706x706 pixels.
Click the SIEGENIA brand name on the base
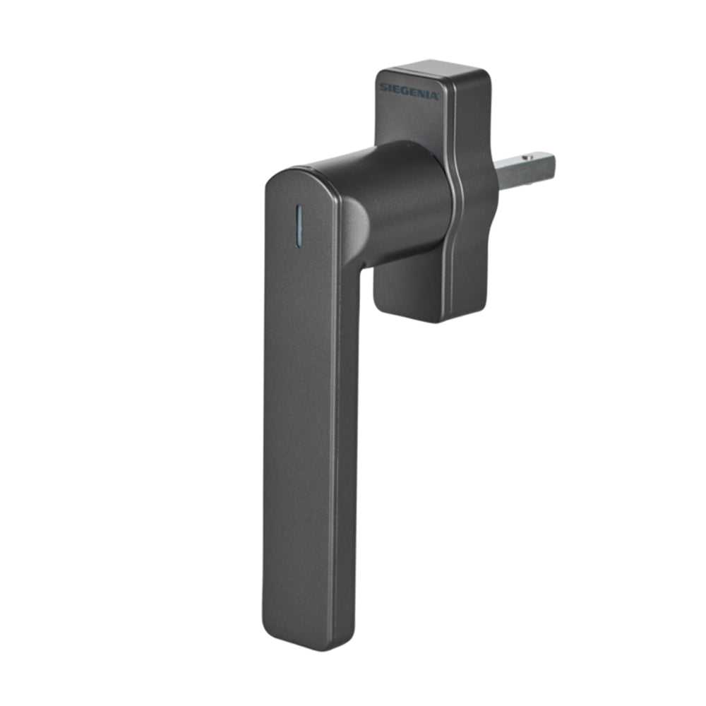point(408,91)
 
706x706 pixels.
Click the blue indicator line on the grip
point(298,227)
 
